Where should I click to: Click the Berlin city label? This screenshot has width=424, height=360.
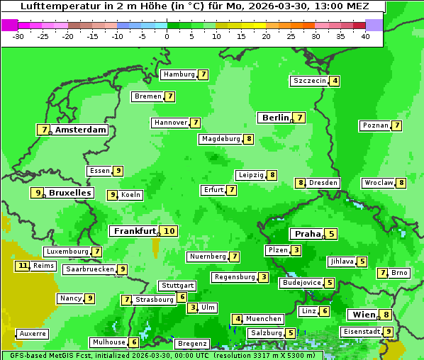[x=275, y=118]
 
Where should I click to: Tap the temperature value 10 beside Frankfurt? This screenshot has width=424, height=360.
[x=168, y=231]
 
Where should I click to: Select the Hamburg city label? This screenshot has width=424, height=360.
[x=178, y=74]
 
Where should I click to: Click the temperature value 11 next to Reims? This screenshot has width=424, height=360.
[x=23, y=266]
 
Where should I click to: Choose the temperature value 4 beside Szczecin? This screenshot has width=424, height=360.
[x=334, y=81]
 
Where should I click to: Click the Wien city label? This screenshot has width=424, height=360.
[x=361, y=315]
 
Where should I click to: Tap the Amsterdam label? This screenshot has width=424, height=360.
[x=80, y=130]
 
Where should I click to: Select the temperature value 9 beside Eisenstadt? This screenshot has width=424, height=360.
[x=388, y=332]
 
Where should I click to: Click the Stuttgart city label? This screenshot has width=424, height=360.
[x=177, y=286]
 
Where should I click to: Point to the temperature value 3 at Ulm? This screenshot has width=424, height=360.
[x=193, y=308]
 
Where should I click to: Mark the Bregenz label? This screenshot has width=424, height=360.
[x=191, y=344]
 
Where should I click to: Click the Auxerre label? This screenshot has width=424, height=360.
[x=33, y=333]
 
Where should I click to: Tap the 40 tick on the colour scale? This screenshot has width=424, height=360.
[x=365, y=37]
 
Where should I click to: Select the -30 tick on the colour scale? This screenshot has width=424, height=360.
[x=18, y=37]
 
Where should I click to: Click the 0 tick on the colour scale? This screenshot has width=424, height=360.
[x=167, y=37]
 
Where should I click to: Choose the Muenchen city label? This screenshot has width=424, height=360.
[x=263, y=319]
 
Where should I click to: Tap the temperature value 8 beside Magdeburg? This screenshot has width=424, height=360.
[x=248, y=139]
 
